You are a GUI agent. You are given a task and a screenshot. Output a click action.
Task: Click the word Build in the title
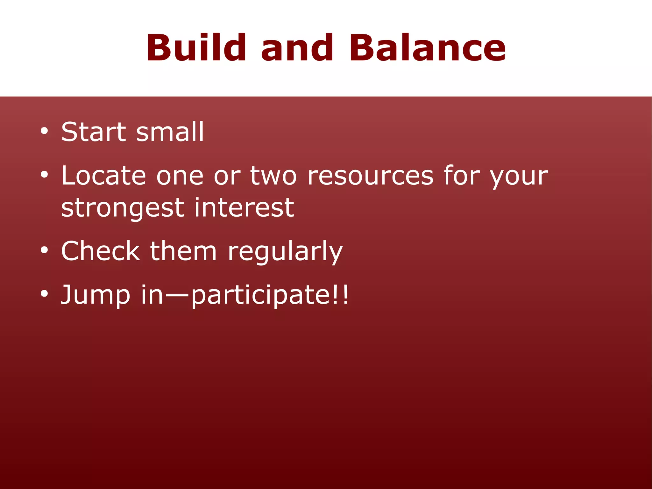point(196,48)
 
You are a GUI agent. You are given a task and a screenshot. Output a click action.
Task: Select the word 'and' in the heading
point(297,48)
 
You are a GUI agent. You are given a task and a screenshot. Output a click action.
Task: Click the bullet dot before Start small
point(44,131)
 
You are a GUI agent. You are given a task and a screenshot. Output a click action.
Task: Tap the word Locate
point(103,176)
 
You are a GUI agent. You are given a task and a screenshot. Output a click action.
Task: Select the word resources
point(370,176)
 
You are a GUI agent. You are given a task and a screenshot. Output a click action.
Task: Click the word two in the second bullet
point(273,176)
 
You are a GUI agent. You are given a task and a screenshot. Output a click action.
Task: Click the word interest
point(244,207)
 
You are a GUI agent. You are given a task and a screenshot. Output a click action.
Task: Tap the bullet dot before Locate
point(44,175)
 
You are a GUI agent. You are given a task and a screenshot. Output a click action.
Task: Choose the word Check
point(100,251)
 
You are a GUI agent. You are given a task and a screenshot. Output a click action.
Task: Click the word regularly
point(285,253)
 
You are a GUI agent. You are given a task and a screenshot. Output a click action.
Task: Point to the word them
point(183,251)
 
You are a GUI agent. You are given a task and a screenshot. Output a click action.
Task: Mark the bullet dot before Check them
point(44,250)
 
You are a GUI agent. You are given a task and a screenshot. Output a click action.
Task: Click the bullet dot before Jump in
point(44,294)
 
